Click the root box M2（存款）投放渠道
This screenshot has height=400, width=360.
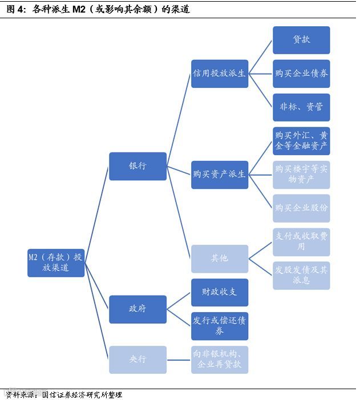(56, 262)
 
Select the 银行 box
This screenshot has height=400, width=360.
(137, 166)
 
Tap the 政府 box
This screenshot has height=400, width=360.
(137, 309)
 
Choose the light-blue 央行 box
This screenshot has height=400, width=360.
(137, 359)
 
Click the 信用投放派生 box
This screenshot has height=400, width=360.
(220, 74)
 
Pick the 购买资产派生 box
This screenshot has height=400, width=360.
(220, 174)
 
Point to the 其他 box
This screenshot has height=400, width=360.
(220, 258)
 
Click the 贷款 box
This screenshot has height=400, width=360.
(301, 40)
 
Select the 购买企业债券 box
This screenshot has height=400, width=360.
(301, 74)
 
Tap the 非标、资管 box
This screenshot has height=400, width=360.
(301, 107)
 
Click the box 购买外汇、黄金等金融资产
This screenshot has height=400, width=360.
(301, 140)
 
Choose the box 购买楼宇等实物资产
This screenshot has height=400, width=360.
(301, 174)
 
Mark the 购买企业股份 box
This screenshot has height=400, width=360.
(301, 208)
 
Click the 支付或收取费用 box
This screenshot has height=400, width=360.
(301, 241)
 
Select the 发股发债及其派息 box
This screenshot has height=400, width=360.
(301, 275)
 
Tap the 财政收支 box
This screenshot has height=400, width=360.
(220, 292)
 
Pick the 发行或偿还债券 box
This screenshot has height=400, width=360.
(220, 326)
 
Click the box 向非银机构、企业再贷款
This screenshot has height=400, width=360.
(220, 359)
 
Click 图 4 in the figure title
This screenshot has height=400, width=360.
(16, 10)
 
